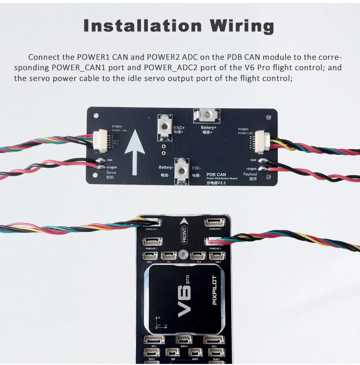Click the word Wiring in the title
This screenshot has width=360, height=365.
(242, 27)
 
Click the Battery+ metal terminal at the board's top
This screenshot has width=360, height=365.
(207, 115)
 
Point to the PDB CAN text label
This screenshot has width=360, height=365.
(216, 174)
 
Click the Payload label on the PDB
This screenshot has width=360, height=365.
(250, 174)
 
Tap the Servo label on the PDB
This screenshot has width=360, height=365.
(111, 173)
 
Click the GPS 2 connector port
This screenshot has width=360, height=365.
(214, 340)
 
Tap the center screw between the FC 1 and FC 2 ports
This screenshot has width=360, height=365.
(183, 256)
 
